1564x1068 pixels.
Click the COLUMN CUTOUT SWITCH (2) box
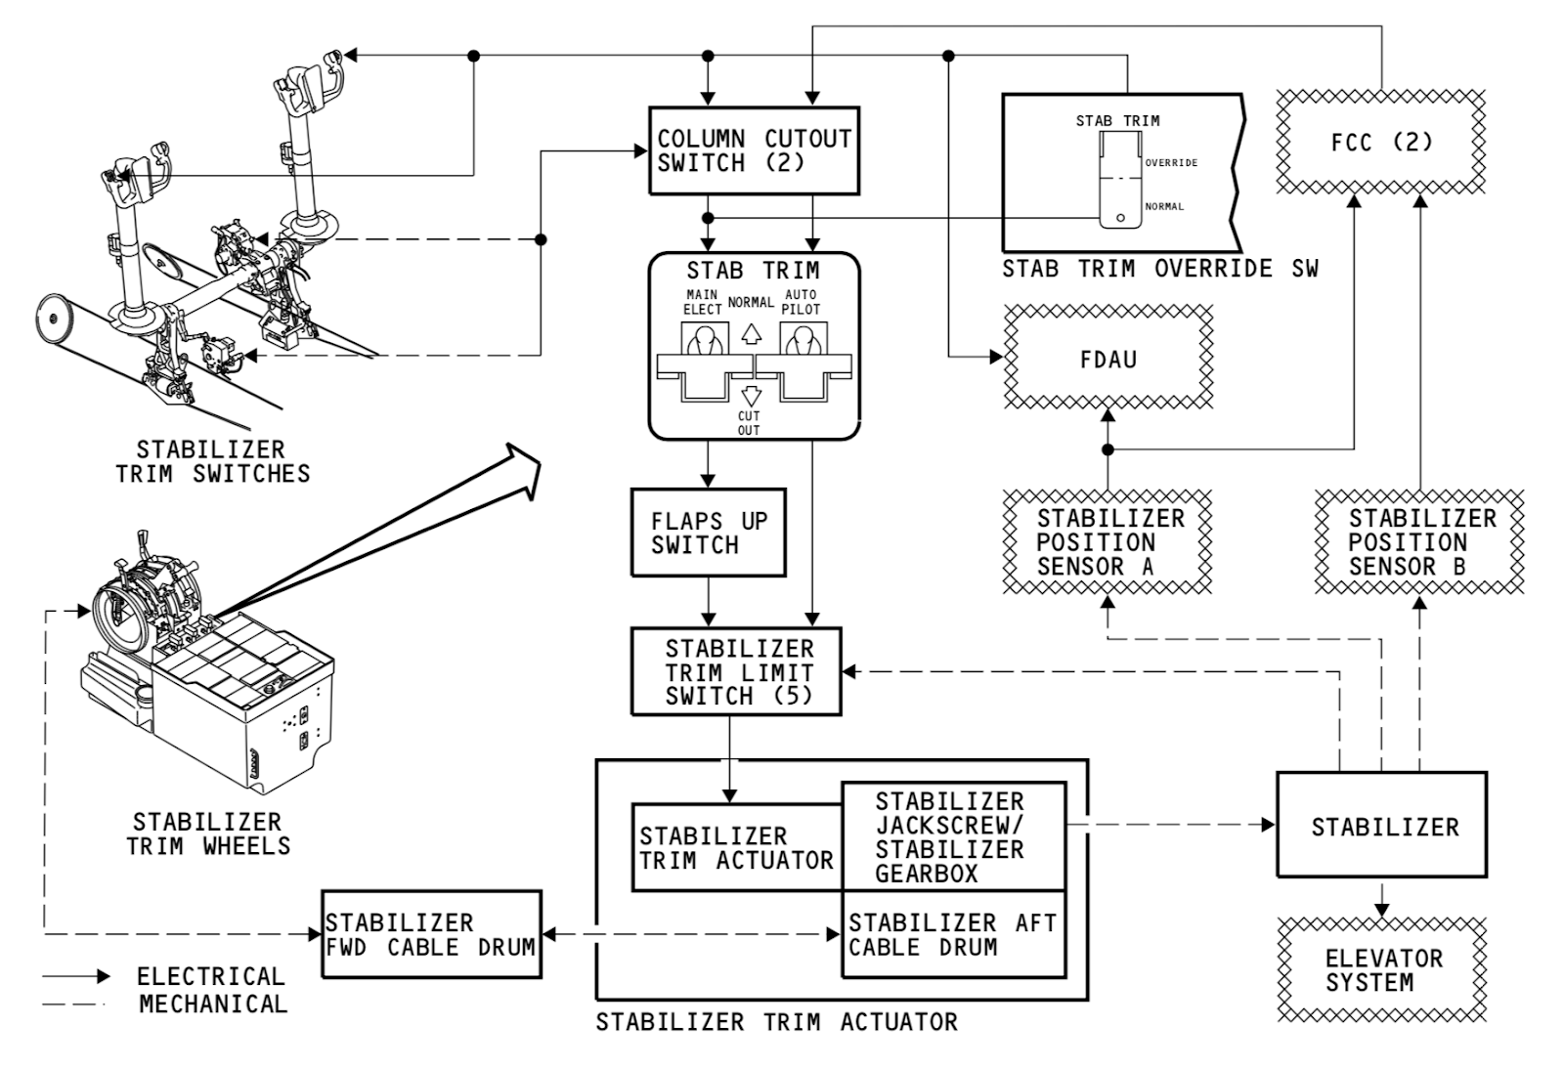click(754, 150)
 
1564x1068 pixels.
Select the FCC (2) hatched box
click(1381, 143)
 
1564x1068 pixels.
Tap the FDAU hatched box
click(1108, 359)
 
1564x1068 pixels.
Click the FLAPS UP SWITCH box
click(708, 533)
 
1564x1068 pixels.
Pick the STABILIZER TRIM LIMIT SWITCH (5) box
click(736, 672)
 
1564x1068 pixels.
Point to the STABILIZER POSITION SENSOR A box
click(1108, 542)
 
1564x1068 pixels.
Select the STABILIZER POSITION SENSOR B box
click(1419, 542)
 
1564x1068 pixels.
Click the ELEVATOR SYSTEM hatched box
click(1381, 970)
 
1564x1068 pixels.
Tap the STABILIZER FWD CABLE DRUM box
click(431, 935)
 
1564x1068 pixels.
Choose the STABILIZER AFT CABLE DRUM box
click(953, 935)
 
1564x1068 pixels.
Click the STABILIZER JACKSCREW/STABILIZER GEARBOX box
click(953, 836)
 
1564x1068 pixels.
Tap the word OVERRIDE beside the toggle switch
click(1171, 163)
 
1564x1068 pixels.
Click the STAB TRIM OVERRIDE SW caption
click(1159, 269)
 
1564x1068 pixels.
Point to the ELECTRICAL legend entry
click(210, 976)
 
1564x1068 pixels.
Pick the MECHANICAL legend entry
click(213, 1004)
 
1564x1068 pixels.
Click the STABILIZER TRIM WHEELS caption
click(208, 833)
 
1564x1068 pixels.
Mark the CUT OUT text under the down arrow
click(749, 423)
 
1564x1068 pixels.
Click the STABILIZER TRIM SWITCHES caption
click(212, 462)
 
